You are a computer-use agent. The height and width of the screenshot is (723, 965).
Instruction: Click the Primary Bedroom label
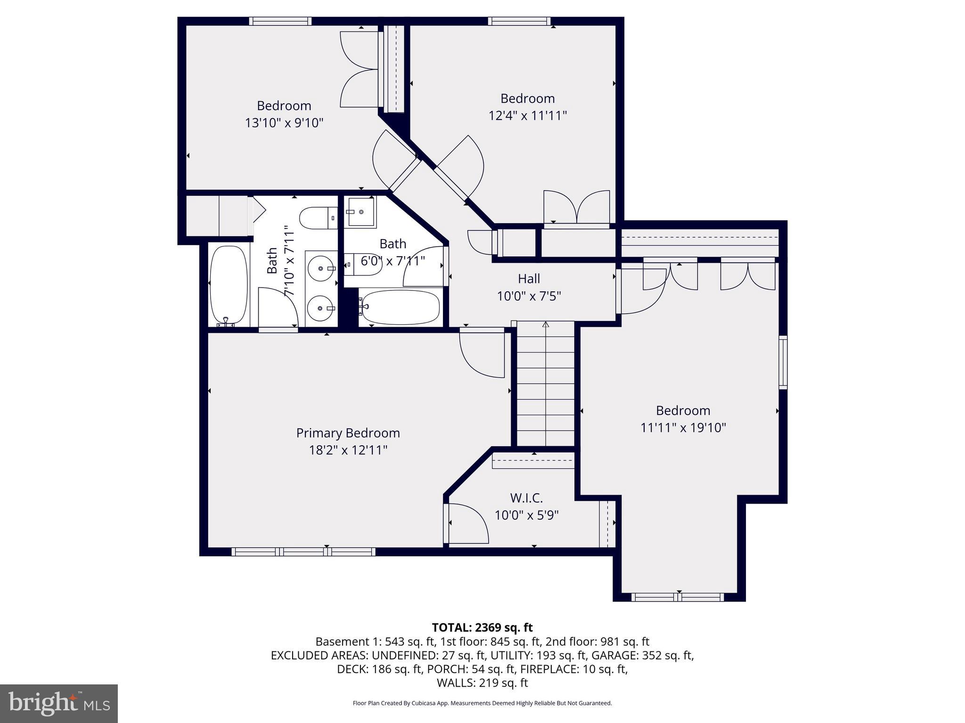(348, 433)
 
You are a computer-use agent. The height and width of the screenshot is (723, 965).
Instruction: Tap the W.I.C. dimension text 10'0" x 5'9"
(526, 515)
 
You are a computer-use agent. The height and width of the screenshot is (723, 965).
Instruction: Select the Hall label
(529, 279)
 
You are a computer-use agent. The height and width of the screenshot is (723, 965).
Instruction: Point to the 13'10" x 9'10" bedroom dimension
(284, 123)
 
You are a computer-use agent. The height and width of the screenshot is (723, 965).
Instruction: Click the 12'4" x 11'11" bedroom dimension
(527, 115)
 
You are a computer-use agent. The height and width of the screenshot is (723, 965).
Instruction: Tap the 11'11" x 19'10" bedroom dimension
(683, 427)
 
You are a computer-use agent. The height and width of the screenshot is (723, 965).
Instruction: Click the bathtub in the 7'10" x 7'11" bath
(228, 285)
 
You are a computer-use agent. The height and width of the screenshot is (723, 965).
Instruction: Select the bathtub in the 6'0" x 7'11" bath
(400, 307)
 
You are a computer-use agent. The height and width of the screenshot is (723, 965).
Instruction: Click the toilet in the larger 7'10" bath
(318, 218)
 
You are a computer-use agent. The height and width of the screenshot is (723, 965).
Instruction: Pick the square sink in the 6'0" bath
(361, 212)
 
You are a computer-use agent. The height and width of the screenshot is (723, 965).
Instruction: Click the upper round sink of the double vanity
(321, 269)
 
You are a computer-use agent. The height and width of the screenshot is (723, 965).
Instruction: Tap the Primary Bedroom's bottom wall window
(303, 552)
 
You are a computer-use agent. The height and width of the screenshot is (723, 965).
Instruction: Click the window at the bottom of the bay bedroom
(678, 597)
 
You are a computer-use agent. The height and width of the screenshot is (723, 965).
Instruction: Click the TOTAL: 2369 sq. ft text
(482, 627)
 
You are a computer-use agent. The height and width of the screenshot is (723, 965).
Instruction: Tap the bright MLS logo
(59, 703)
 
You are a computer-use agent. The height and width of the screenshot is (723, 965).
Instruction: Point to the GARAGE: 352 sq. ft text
(642, 655)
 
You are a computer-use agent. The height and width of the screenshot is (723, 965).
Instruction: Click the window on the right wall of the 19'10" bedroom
(783, 362)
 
